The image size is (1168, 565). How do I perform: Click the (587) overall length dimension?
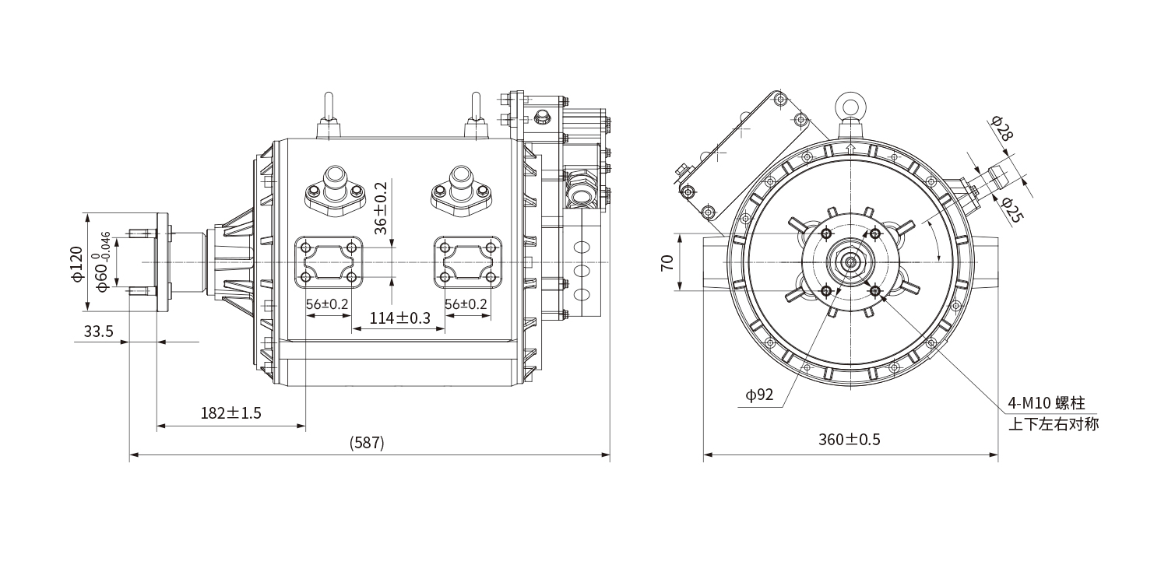[x=368, y=443]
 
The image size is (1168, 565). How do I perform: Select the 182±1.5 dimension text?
[x=230, y=413]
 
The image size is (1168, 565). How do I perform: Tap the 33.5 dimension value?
[x=99, y=332]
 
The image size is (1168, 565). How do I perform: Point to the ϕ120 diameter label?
[x=76, y=264]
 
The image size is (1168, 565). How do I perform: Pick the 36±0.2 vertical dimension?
[x=380, y=209]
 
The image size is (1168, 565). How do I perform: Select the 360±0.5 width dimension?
[x=849, y=440]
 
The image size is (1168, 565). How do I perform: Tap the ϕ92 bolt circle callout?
[x=759, y=395]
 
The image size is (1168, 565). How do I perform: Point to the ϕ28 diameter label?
[x=1003, y=128]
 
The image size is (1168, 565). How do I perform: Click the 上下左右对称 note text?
[x=1053, y=425]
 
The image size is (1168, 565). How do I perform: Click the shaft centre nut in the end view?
[x=850, y=262]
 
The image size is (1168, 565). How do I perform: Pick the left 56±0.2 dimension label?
[x=327, y=304]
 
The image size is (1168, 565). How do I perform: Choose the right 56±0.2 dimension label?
[x=466, y=304]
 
